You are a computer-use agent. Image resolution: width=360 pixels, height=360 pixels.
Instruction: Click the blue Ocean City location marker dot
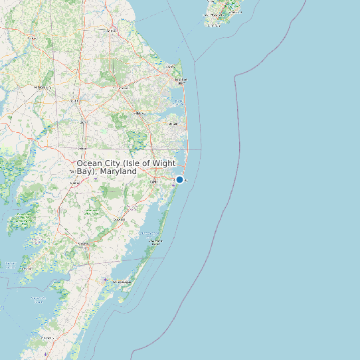[179, 179]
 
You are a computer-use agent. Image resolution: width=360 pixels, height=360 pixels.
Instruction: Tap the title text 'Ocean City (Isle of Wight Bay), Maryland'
[126, 167]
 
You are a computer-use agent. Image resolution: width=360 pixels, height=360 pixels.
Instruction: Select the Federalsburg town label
[43, 87]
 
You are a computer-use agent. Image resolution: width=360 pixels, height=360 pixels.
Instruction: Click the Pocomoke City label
[84, 244]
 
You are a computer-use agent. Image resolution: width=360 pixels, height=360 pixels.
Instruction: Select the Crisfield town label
[27, 268]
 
